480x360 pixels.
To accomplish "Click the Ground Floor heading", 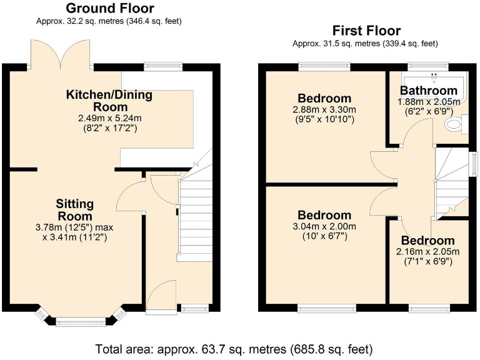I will tap(109, 8).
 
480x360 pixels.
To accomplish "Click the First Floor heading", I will tap(366, 31).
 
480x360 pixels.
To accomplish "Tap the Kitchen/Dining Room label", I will tap(109, 101).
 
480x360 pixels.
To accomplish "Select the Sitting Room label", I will tap(75, 210).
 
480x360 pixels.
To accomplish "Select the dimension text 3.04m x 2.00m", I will tap(324, 226).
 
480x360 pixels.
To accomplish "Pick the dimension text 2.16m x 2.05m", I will tap(428, 251).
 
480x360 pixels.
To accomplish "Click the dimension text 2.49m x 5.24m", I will tap(109, 118).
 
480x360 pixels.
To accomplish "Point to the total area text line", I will tap(234, 348).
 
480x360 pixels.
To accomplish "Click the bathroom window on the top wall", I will tap(428, 65).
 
